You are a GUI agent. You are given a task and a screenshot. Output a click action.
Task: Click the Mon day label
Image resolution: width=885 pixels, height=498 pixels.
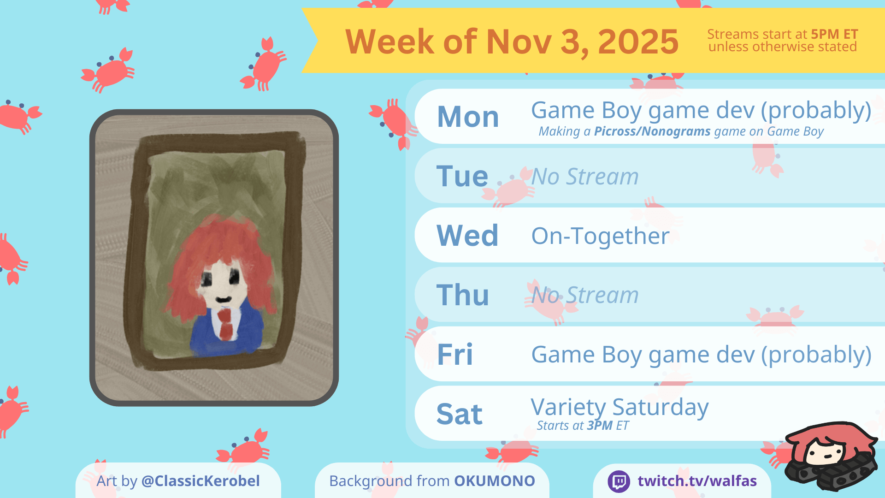(468, 117)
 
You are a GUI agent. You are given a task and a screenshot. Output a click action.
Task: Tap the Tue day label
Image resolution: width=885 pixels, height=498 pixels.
(462, 176)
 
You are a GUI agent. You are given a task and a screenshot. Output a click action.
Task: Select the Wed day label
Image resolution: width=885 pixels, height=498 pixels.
(467, 236)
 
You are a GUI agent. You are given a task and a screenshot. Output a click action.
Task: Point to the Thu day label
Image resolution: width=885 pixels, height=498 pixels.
(463, 295)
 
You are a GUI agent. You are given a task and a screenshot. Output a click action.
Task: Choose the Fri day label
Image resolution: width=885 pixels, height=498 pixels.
(455, 355)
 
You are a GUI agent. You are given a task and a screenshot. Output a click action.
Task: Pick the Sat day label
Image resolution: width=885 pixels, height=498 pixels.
(460, 414)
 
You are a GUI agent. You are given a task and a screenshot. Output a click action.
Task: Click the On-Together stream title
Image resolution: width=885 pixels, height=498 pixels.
(600, 236)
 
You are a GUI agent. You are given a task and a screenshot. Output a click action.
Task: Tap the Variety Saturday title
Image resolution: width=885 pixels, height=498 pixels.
(619, 407)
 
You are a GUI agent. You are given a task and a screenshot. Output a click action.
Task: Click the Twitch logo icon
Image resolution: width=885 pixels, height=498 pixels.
(619, 481)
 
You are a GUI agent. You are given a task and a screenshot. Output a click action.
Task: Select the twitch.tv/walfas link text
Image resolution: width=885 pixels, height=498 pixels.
(697, 481)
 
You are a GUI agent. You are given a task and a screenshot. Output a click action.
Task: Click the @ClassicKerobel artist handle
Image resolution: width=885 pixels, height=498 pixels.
(201, 481)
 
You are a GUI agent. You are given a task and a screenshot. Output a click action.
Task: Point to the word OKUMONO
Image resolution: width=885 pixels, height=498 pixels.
(495, 481)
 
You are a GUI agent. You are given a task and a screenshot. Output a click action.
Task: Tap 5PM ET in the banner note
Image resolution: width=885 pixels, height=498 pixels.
(834, 34)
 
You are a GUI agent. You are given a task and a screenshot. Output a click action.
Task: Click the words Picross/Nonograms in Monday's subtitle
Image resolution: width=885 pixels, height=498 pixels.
(652, 131)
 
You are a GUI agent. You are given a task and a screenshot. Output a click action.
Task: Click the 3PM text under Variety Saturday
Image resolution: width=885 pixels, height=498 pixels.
(600, 425)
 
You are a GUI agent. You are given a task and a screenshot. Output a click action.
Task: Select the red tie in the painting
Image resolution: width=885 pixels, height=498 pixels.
(225, 324)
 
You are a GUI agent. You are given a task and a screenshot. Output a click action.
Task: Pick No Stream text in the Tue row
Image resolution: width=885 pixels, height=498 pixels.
(585, 177)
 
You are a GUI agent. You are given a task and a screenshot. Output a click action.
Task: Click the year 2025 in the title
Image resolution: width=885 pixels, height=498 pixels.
(638, 41)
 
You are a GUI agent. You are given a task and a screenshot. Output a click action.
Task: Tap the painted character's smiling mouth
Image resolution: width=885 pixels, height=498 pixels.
(224, 300)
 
